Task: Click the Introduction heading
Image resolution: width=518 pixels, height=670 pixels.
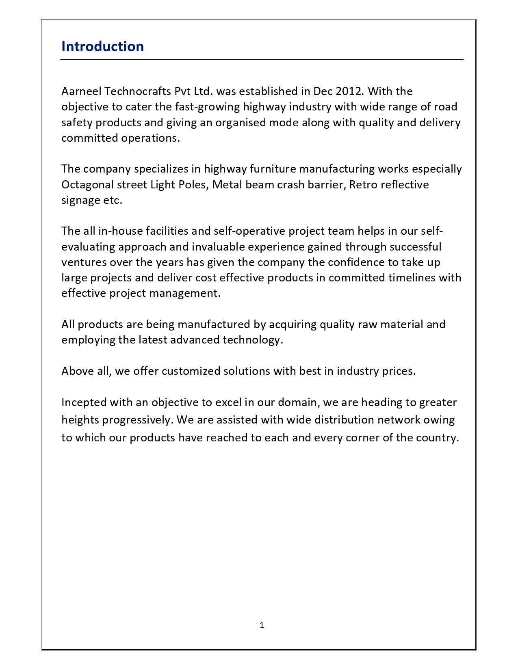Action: pos(102,47)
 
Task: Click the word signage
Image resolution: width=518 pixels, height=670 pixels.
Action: pos(80,201)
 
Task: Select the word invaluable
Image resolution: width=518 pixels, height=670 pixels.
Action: pos(218,247)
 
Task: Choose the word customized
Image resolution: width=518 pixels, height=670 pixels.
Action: pos(191,371)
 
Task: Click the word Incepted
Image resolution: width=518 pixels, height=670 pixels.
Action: pos(84,402)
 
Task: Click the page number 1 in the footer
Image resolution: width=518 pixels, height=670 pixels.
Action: pos(262,625)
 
